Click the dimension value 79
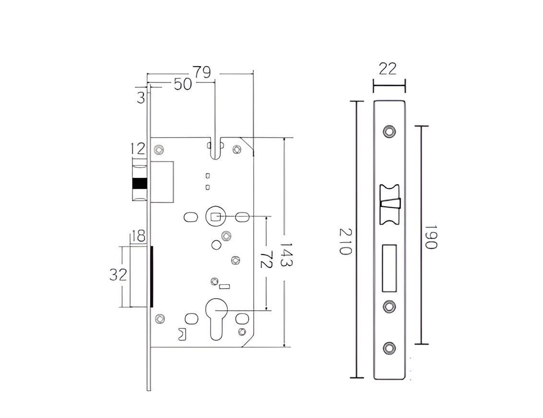point(202,72)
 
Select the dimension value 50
point(182,84)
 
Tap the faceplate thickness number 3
point(141,98)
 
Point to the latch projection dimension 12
point(138,149)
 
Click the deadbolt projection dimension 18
point(138,236)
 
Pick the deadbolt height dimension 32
point(118,275)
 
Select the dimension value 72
point(267,259)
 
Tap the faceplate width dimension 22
point(387,69)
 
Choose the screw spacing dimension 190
point(431,237)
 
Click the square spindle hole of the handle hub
point(216,217)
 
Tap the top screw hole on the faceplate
point(389,131)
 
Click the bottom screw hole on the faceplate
point(389,348)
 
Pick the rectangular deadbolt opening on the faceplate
point(389,268)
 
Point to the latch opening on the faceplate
point(390,205)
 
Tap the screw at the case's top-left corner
point(159,150)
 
